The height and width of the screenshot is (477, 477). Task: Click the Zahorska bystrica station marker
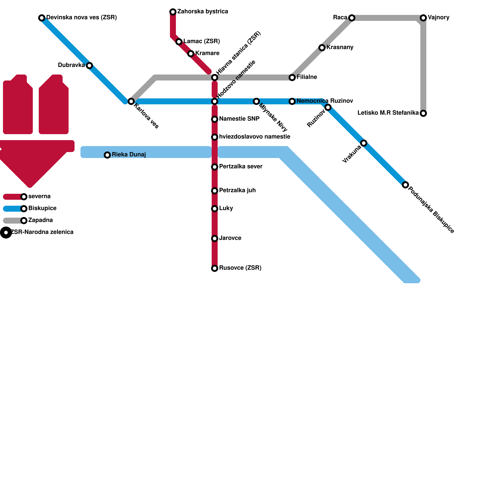(x=173, y=12)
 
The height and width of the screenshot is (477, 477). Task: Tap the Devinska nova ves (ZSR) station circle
(x=42, y=18)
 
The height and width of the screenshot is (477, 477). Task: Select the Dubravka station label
(x=71, y=65)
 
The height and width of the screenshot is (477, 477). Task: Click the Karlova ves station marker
(x=131, y=101)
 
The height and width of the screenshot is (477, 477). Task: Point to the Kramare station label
(x=207, y=53)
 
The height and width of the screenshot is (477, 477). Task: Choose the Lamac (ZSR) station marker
(x=179, y=42)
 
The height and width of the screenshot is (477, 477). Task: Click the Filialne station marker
(x=292, y=78)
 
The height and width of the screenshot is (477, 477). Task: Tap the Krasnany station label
(x=340, y=47)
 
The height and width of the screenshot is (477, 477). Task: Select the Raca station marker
(x=352, y=18)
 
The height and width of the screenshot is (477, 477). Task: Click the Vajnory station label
(x=438, y=18)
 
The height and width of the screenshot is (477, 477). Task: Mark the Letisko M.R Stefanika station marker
(x=423, y=113)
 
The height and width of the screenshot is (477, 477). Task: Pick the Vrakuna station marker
(x=364, y=143)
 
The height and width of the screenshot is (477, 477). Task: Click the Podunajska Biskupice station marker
(x=405, y=185)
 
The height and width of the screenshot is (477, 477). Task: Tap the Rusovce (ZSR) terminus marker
(x=215, y=268)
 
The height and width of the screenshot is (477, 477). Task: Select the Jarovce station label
(x=230, y=238)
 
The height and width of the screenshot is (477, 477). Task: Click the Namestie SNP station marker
(x=215, y=119)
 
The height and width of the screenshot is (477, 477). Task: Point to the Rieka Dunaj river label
(x=128, y=155)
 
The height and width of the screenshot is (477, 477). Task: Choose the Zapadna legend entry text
(x=40, y=220)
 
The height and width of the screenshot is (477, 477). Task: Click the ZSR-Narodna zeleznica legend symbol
(x=6, y=233)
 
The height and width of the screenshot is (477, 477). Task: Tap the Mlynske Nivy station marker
(x=256, y=101)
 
